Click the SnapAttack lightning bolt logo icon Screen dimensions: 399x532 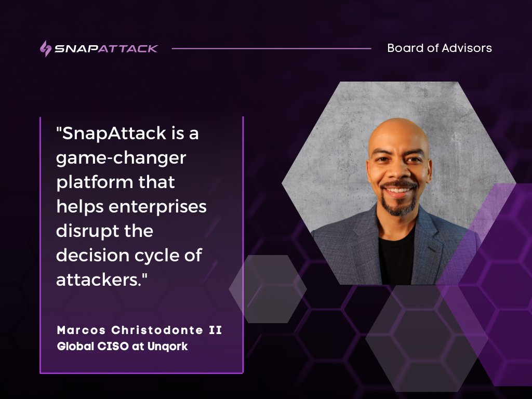[46, 48]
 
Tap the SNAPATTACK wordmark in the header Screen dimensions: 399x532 [107, 48]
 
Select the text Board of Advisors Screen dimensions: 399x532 [439, 48]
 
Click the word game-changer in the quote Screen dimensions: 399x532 [121, 158]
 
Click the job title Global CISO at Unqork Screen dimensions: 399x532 [122, 346]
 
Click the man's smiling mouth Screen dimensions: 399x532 [398, 191]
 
